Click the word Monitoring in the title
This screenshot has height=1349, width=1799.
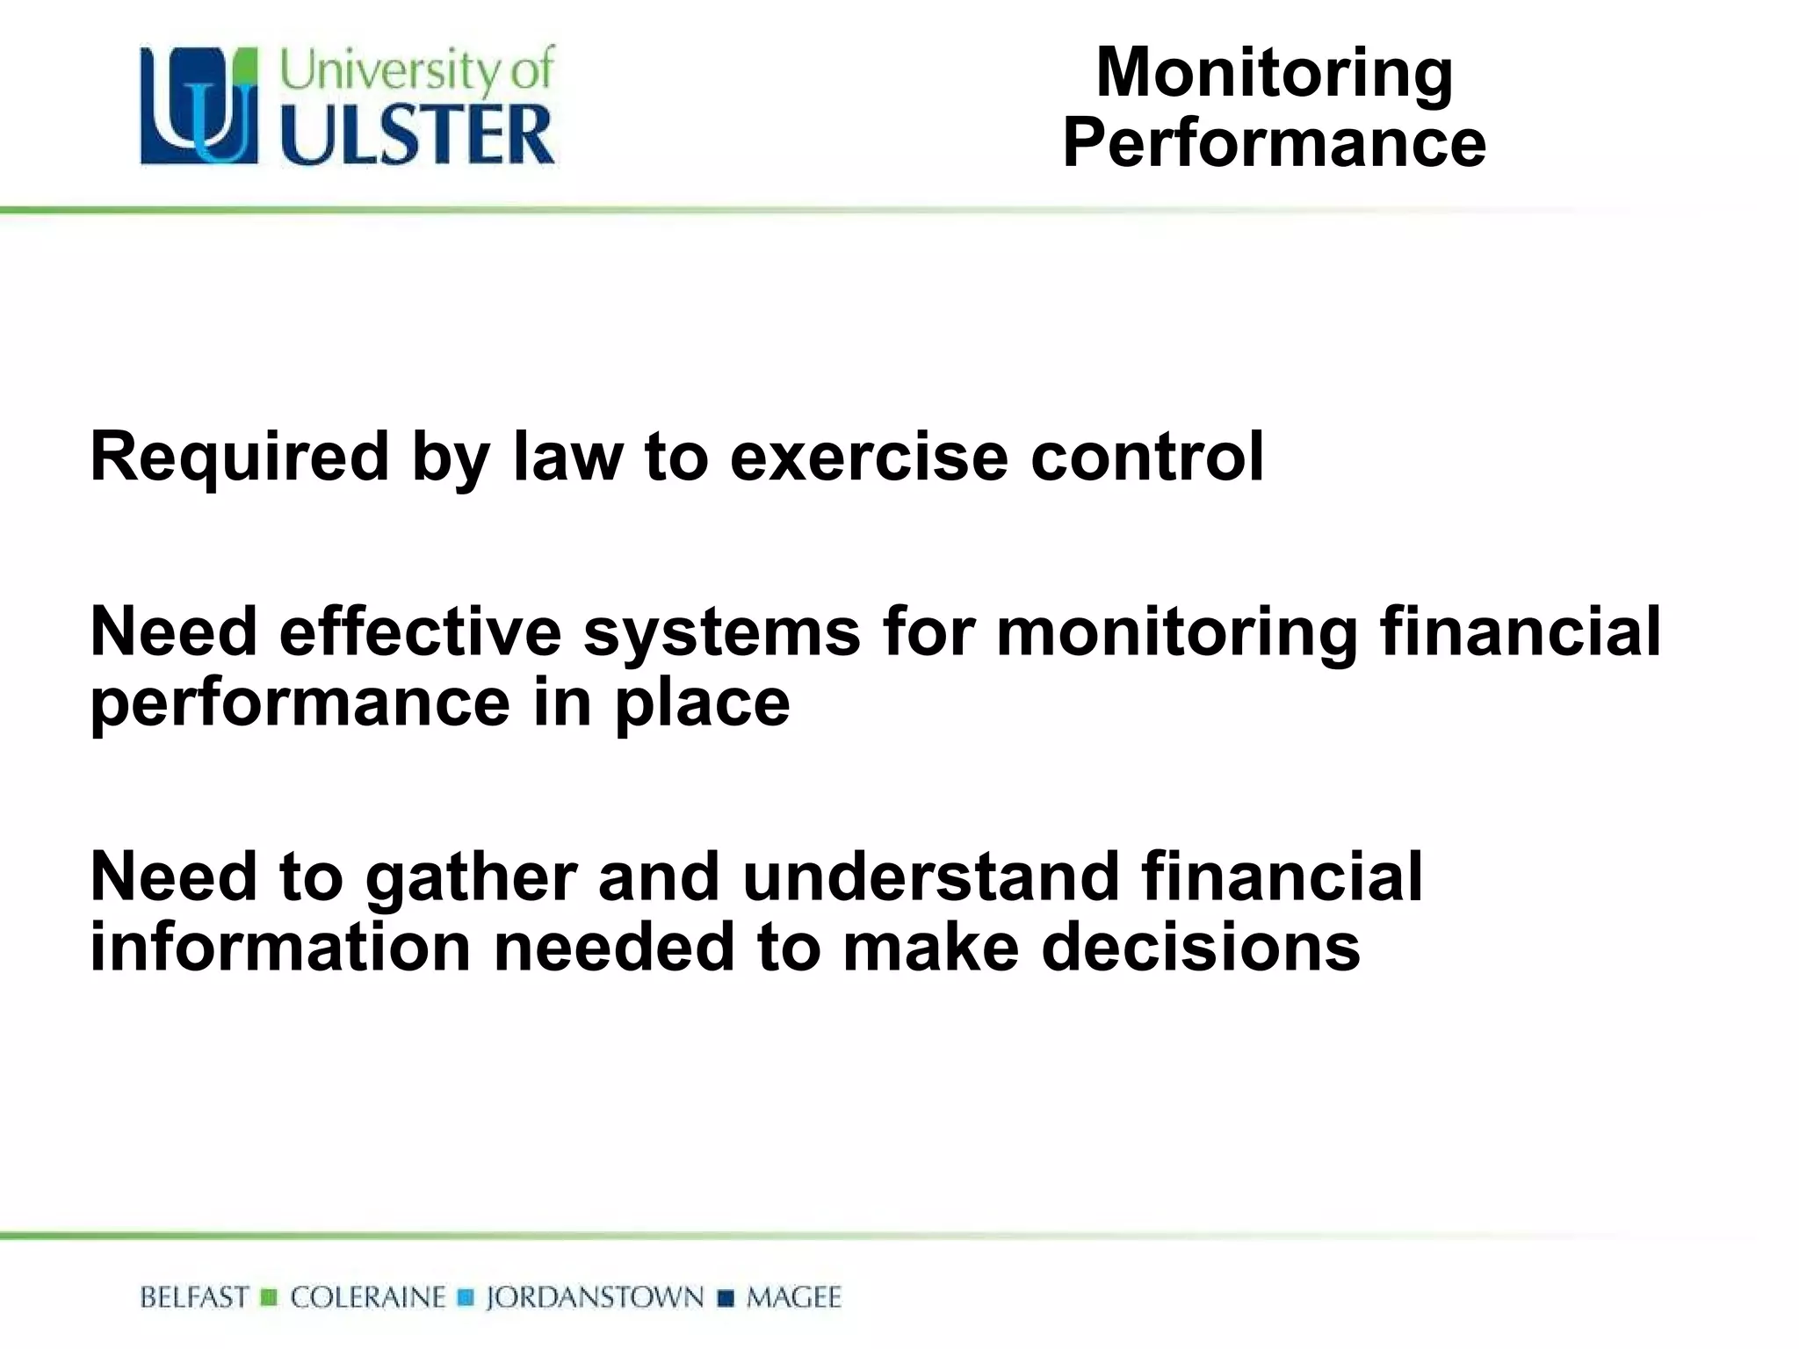(x=1274, y=74)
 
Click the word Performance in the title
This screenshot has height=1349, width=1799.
(x=1274, y=143)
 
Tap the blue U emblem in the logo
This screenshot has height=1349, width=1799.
(x=199, y=106)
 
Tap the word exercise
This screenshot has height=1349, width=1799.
(x=869, y=457)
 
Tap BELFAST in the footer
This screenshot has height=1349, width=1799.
(x=195, y=1297)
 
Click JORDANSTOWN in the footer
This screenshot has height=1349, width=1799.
(x=595, y=1297)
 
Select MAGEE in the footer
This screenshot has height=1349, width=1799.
(x=793, y=1297)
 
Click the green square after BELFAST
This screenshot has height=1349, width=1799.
(x=270, y=1297)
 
